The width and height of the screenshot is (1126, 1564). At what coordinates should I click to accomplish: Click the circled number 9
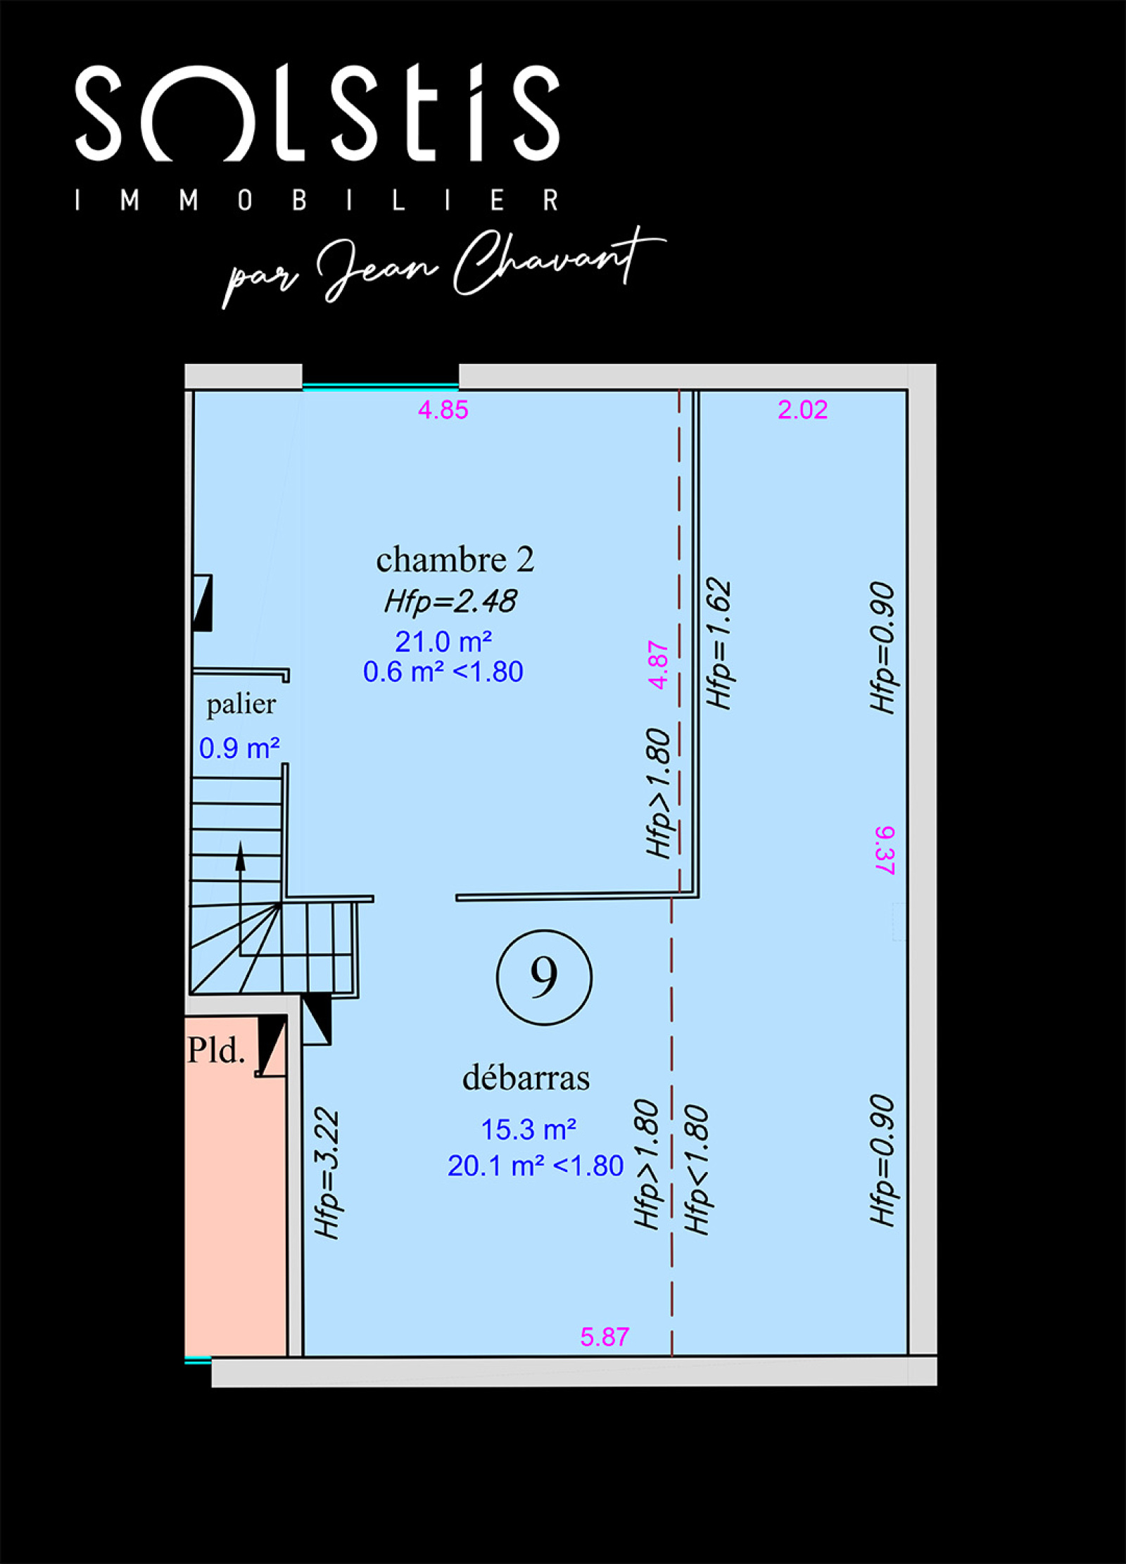pyautogui.click(x=544, y=977)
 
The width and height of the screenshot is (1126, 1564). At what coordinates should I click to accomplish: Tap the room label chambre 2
pyautogui.click(x=455, y=560)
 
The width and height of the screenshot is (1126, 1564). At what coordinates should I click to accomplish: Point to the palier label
pyautogui.click(x=241, y=705)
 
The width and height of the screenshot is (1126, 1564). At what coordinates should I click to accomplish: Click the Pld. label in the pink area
pyautogui.click(x=216, y=1050)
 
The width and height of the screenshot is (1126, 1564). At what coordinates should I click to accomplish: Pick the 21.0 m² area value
pyautogui.click(x=443, y=641)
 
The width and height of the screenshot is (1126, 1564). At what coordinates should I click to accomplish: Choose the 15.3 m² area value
pyautogui.click(x=529, y=1130)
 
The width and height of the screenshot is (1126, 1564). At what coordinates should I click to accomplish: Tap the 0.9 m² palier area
pyautogui.click(x=239, y=748)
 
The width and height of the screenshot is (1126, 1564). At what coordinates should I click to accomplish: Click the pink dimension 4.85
pyautogui.click(x=443, y=410)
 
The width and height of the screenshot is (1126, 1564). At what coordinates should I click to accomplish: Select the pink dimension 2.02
pyautogui.click(x=802, y=410)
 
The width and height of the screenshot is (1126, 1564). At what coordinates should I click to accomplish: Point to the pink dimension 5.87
pyautogui.click(x=605, y=1337)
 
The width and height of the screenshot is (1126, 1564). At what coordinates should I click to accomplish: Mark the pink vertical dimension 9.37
pyautogui.click(x=885, y=850)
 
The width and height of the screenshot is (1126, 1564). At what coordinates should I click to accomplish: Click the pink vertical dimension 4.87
pyautogui.click(x=657, y=664)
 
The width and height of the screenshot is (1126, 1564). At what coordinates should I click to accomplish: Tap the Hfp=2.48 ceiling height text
pyautogui.click(x=450, y=601)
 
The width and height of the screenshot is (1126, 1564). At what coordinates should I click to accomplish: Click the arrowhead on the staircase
pyautogui.click(x=240, y=856)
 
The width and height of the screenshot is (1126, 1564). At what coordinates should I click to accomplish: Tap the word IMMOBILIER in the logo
pyautogui.click(x=317, y=200)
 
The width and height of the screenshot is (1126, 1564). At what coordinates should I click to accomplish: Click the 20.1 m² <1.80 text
pyautogui.click(x=536, y=1166)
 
